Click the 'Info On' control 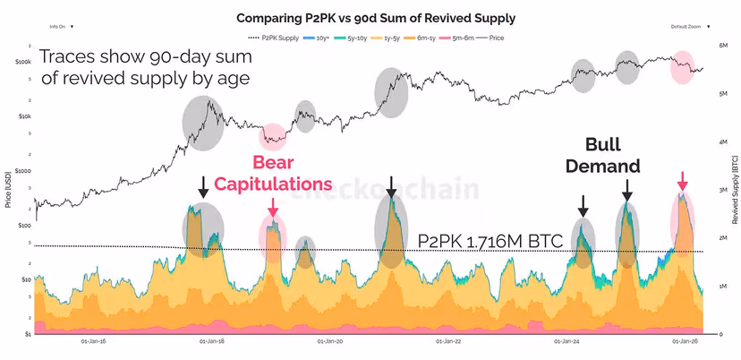[60, 27]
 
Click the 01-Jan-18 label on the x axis [211, 341]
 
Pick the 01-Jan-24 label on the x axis [567, 341]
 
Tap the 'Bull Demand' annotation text [613, 154]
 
